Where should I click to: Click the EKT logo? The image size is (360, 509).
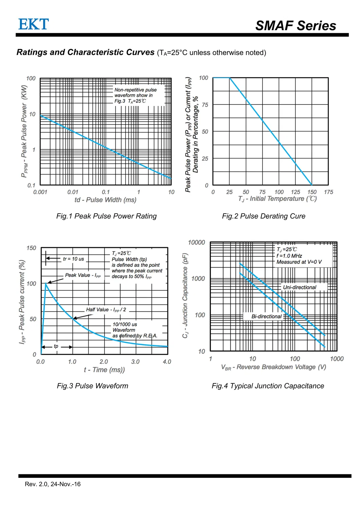33,24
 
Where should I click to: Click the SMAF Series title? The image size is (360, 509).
295,26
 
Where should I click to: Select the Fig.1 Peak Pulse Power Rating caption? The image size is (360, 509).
106,216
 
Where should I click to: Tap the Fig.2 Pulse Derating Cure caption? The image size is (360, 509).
264,216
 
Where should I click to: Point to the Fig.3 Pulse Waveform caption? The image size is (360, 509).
92,386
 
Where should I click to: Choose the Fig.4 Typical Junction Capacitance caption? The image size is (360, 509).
268,386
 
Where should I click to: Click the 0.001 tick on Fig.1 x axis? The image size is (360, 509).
40,192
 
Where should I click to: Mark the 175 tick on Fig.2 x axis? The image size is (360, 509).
328,192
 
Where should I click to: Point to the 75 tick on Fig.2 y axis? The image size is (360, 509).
205,105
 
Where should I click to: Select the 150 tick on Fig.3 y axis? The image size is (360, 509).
31,248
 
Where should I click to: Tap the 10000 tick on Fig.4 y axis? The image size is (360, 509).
196,242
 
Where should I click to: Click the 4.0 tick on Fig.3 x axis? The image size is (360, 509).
167,362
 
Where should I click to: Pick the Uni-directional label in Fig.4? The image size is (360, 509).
299,288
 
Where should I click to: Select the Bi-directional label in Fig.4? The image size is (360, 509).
266,316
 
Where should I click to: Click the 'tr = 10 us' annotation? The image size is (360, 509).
73,259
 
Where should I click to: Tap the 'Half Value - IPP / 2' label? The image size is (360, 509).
106,310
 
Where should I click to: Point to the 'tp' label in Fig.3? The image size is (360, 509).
56,346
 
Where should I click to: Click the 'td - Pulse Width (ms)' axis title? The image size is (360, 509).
105,200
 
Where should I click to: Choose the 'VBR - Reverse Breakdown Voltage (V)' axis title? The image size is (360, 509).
273,367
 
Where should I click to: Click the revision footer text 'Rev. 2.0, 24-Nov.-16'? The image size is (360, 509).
53,484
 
